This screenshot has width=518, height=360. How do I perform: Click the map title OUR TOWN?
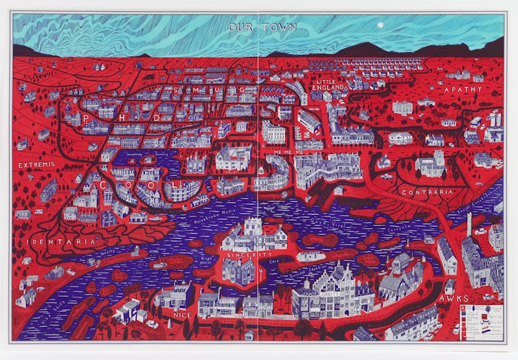[x=263, y=27]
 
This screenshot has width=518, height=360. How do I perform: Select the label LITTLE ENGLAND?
[x=328, y=85]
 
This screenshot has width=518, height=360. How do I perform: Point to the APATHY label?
[x=462, y=90]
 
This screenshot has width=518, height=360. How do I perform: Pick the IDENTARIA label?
[x=52, y=242]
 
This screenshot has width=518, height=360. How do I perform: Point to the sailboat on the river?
[x=159, y=262]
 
